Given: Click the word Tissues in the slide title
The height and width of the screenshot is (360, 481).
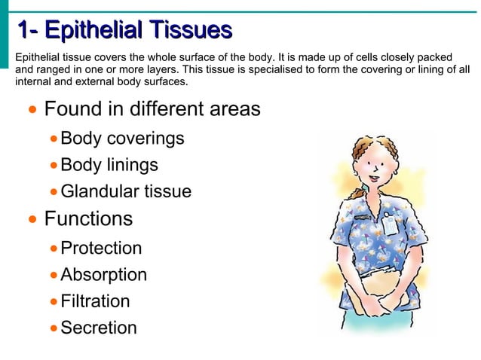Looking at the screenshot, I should point(189,31).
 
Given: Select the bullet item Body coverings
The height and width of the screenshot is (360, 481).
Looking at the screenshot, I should point(122,139).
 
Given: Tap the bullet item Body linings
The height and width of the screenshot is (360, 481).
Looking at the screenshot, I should point(109,165).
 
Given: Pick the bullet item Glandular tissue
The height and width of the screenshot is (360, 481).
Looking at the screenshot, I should point(126,192).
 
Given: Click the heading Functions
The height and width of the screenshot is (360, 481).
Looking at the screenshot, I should point(88,219).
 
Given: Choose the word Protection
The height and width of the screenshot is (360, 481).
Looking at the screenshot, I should point(101,248).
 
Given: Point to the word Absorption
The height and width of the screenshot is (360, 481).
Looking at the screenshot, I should point(103,275).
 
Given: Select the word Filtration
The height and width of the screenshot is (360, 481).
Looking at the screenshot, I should point(95,301).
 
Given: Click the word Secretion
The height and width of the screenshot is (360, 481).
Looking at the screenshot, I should point(99,328).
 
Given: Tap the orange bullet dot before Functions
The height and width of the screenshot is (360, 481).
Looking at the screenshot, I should point(32,221).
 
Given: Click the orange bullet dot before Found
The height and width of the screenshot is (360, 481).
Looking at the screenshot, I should point(32,111).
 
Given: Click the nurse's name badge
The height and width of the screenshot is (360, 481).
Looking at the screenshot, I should point(390,224).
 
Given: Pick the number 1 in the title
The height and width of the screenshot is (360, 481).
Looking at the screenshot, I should point(24,31).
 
